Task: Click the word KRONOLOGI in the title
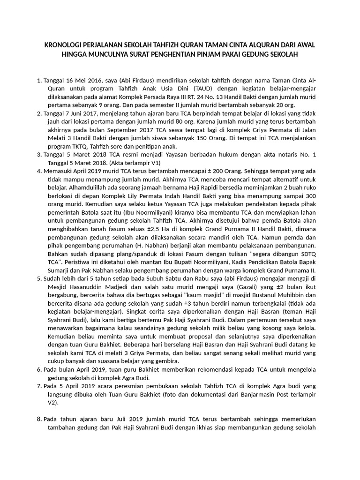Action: tap(65, 45)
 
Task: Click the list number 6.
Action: tap(39, 369)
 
